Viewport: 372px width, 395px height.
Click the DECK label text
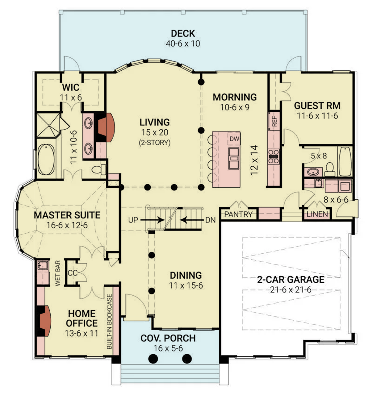pyautogui.click(x=183, y=33)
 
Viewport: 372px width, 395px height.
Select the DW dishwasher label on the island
pyautogui.click(x=234, y=139)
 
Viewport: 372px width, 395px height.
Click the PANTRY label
pyautogui.click(x=238, y=214)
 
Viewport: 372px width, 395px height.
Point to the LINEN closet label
pyautogui.click(x=317, y=214)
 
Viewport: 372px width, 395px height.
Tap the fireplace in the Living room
pyautogui.click(x=106, y=127)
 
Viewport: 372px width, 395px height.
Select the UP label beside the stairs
pyautogui.click(x=133, y=220)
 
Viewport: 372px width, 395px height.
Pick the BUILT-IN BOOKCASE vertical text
pyautogui.click(x=109, y=321)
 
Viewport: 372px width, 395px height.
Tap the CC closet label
pyautogui.click(x=72, y=273)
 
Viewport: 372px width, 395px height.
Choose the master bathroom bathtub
pyautogui.click(x=46, y=160)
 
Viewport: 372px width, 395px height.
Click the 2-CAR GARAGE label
pyautogui.click(x=290, y=280)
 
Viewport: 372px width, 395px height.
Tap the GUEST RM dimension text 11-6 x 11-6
pyautogui.click(x=317, y=116)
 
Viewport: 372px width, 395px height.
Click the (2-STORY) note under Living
pyautogui.click(x=154, y=143)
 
